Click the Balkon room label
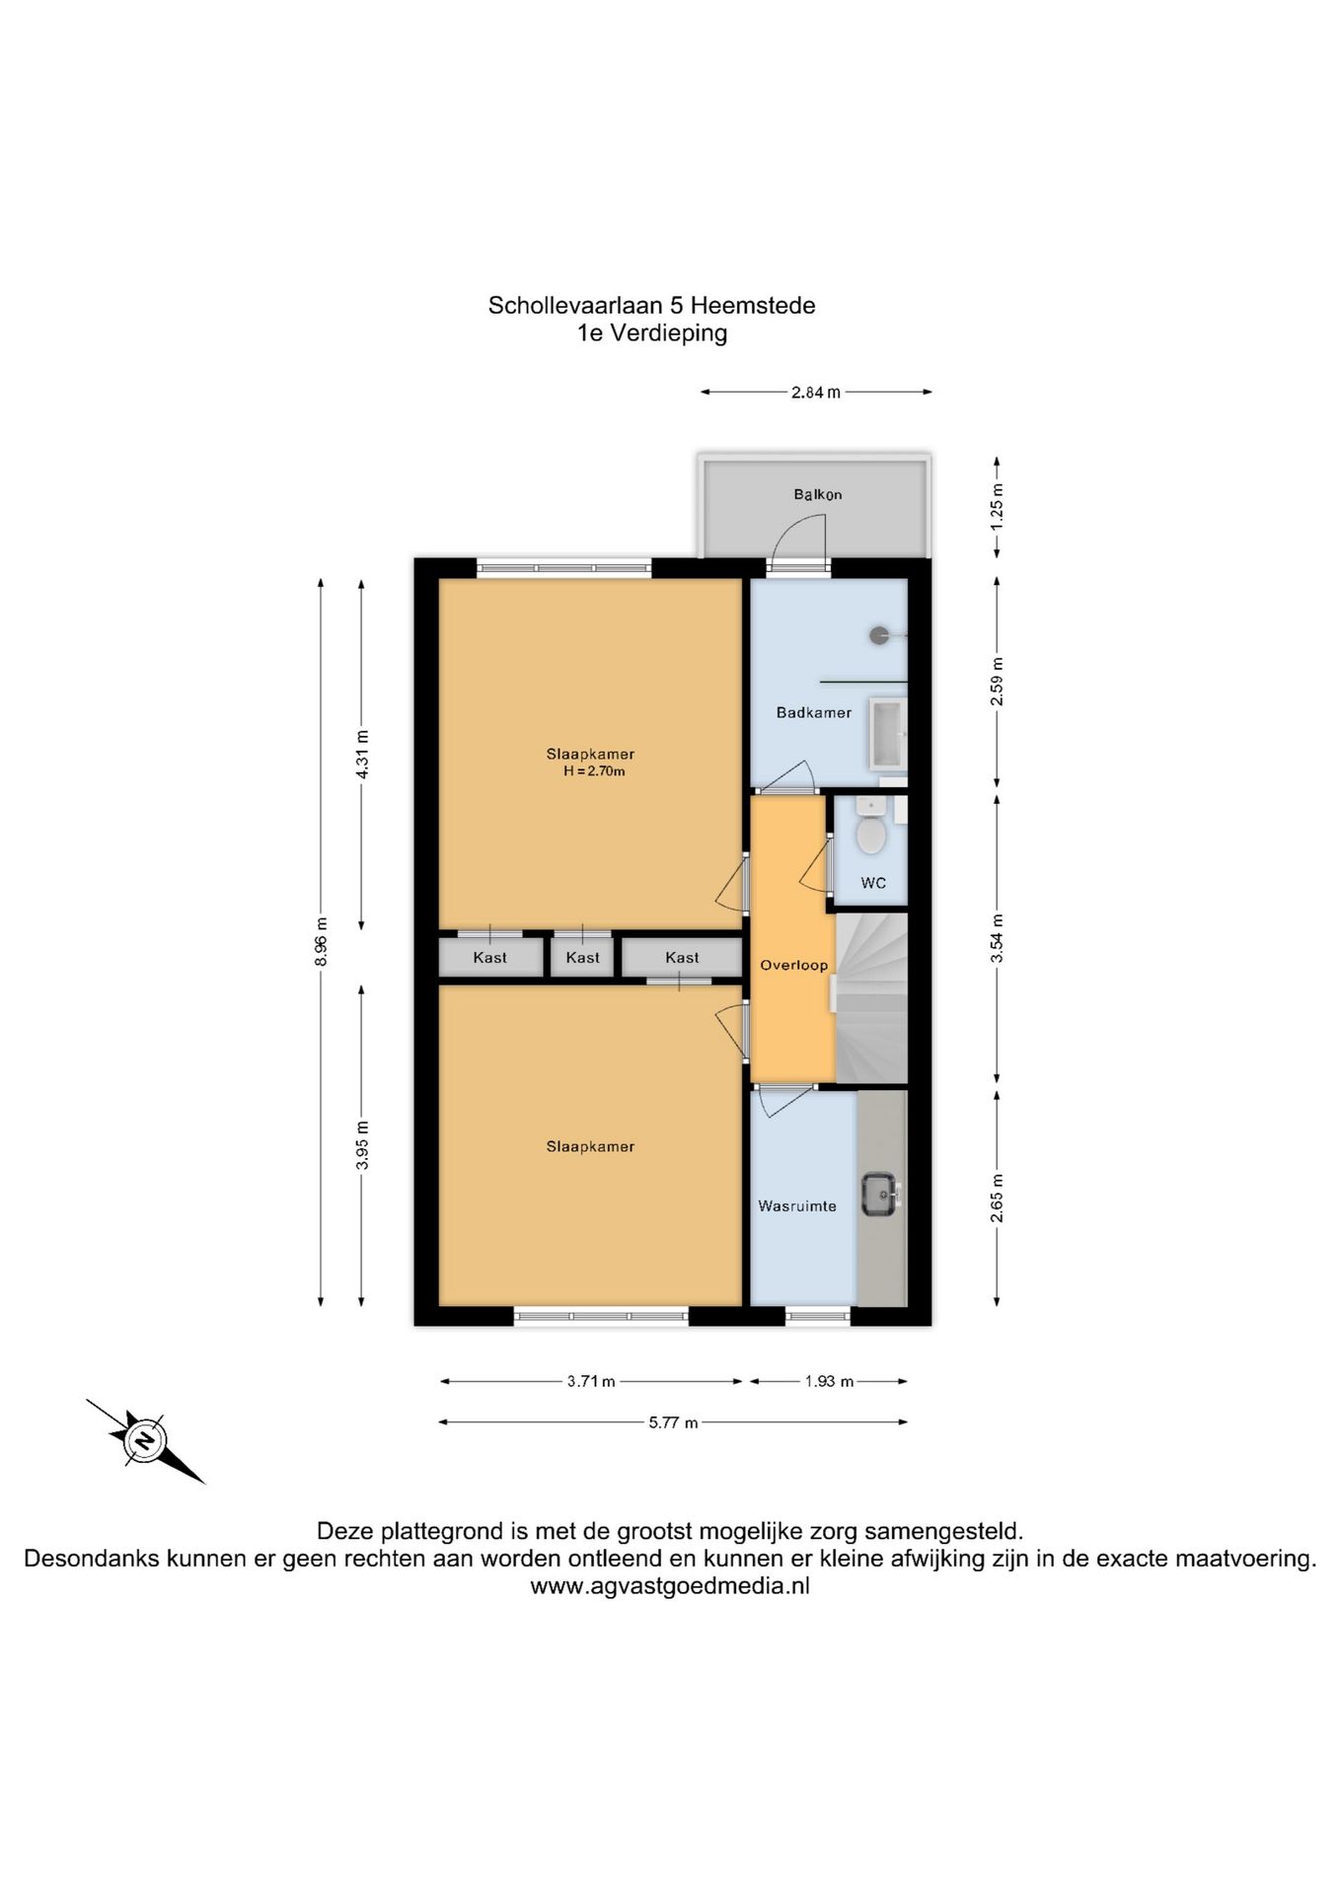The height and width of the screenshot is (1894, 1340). point(817,494)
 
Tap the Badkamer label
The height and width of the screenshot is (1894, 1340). point(813,712)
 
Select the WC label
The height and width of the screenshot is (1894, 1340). point(872,883)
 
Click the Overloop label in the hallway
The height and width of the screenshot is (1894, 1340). point(793,966)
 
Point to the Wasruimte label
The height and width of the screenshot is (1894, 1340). point(796,1205)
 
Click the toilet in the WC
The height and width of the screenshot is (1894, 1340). point(870,828)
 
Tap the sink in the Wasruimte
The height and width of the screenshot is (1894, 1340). point(879,1194)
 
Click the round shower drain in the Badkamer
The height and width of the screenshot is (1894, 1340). point(879,635)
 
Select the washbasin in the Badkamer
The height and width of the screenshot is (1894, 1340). point(887,733)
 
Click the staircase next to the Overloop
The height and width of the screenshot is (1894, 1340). point(871,997)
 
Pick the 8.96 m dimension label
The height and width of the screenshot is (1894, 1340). point(321,941)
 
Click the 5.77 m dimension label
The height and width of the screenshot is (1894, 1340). point(673,1422)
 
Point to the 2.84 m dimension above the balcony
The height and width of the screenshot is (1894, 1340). point(816,393)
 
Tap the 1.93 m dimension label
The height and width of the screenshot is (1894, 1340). point(829,1381)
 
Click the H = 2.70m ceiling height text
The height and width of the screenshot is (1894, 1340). point(594,771)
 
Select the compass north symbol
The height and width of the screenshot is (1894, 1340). point(145,1441)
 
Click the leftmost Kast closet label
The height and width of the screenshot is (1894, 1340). point(490,958)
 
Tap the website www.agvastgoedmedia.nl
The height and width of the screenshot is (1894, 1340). point(670,1586)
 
